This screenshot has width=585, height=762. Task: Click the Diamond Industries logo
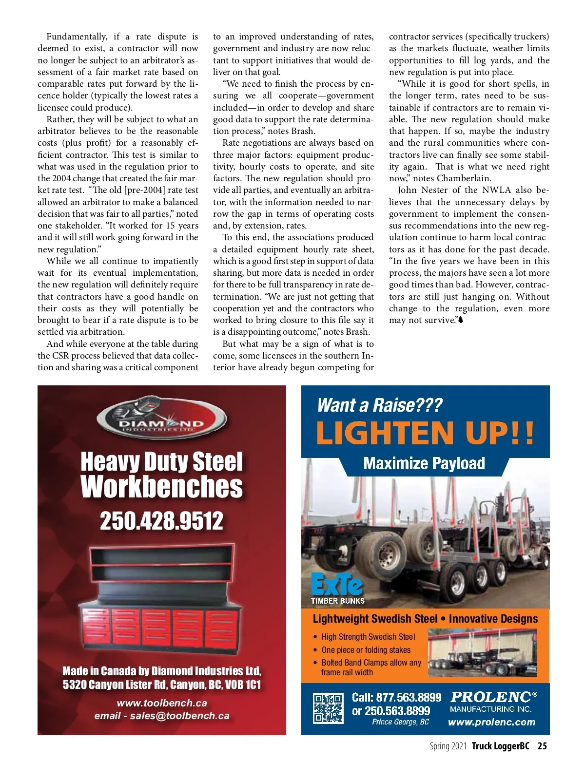(161, 419)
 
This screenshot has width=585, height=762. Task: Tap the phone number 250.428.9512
(161, 521)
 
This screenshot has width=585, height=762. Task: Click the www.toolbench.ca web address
(162, 703)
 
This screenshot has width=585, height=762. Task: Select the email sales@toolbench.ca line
(162, 716)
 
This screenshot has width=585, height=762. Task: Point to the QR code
(328, 708)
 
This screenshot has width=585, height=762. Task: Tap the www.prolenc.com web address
(491, 722)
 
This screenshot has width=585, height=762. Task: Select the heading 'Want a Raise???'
(379, 405)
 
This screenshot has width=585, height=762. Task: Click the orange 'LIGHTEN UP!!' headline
(425, 433)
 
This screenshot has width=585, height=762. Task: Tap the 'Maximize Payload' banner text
(424, 463)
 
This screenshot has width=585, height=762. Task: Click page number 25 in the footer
(542, 746)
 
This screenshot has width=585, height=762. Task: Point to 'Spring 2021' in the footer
(448, 746)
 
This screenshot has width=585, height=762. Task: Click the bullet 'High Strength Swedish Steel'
(368, 637)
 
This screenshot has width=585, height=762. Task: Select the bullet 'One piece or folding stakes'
(366, 650)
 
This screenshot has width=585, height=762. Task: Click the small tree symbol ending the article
(461, 320)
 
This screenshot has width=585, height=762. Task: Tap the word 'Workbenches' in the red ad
(161, 486)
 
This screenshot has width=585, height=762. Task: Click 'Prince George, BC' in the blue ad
(400, 722)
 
